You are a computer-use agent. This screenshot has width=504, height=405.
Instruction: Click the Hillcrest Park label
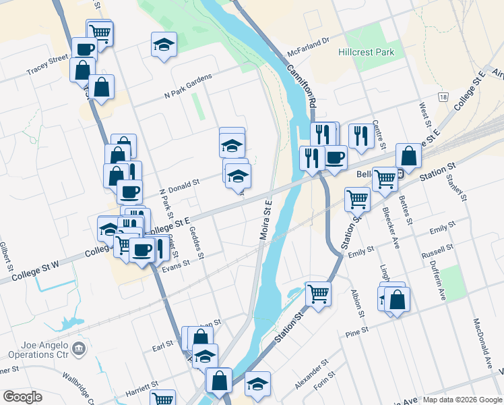click(x=367, y=51)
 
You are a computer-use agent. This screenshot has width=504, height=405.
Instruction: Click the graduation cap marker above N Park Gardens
click(x=164, y=44)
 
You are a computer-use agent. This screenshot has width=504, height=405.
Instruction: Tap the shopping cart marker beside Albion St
click(x=317, y=293)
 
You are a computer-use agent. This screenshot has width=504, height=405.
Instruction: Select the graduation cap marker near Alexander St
click(x=257, y=383)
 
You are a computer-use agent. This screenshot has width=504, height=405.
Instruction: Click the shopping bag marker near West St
click(x=408, y=155)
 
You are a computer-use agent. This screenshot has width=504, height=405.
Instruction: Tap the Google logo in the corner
click(x=22, y=396)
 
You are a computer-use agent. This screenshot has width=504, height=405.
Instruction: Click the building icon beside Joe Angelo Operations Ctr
click(x=79, y=348)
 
